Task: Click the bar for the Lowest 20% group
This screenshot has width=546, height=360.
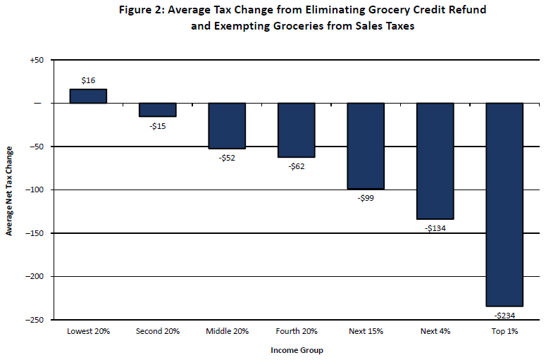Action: tap(88, 96)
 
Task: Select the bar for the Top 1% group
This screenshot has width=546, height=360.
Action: tap(504, 204)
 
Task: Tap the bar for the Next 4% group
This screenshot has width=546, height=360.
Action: tap(435, 161)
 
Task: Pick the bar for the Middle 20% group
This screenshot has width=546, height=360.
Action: tap(227, 125)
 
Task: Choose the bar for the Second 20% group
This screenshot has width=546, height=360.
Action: tap(158, 109)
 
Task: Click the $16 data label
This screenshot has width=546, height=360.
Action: tap(88, 81)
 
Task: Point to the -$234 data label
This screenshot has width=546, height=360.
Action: tap(504, 315)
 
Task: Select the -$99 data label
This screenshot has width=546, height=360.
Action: tap(366, 198)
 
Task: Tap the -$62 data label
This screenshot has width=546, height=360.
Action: tap(296, 166)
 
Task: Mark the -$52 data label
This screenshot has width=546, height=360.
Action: tap(227, 158)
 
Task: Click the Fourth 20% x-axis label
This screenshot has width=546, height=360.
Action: tap(296, 331)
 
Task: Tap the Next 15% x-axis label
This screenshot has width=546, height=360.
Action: tap(366, 331)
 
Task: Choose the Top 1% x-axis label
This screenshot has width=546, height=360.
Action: tap(504, 331)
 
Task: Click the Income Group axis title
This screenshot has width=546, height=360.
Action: tap(296, 350)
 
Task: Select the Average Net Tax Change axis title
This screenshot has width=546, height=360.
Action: tap(9, 190)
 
